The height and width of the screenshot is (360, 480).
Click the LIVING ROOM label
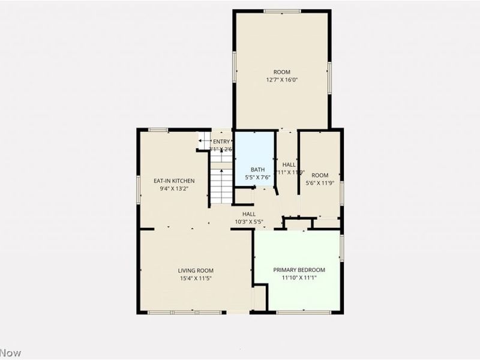[195, 271]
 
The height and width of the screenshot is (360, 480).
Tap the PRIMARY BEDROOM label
[299, 270]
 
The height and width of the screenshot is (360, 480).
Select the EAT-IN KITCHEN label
[174, 181]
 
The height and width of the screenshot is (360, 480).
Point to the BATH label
[257, 170]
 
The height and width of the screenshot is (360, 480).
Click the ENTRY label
[221, 142]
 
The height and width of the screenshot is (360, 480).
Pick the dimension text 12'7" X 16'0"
[281, 80]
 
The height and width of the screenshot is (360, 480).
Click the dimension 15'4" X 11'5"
[195, 278]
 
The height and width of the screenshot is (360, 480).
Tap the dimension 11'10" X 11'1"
[299, 278]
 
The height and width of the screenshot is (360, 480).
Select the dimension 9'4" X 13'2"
[174, 188]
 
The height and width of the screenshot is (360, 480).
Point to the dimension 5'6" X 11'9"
[319, 178]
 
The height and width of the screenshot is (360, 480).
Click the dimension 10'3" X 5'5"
[249, 221]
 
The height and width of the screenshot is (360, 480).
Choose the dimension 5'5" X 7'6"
[257, 178]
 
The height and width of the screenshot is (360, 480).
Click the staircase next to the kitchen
[221, 180]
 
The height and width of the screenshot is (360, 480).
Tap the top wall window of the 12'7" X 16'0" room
[282, 11]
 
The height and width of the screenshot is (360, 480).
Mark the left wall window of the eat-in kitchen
[138, 190]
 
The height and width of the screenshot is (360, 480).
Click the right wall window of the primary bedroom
[341, 248]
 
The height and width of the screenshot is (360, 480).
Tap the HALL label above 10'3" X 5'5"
[249, 214]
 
